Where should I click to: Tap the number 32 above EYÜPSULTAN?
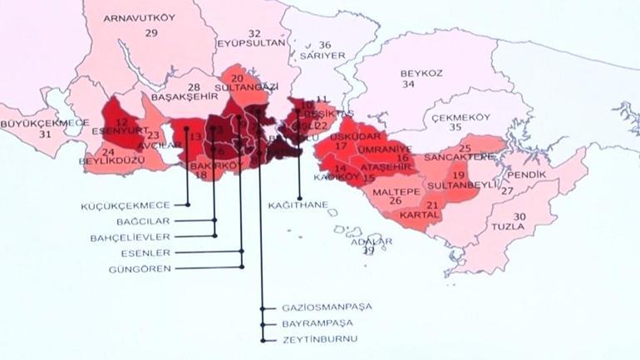254,33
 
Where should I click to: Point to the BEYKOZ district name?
421,73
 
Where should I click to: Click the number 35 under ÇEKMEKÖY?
455,128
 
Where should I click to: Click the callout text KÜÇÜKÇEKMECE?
137,205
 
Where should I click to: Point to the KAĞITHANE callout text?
298,205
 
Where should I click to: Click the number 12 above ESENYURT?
123,121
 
